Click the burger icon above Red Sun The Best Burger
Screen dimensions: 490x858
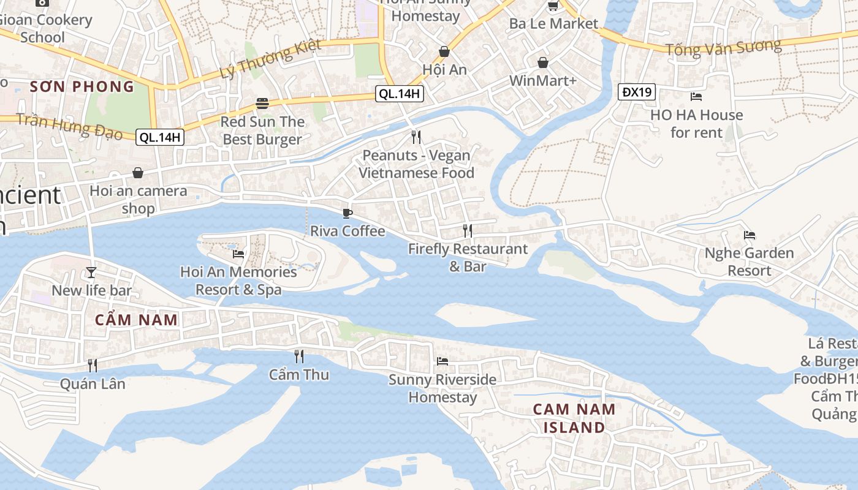[x=262, y=104]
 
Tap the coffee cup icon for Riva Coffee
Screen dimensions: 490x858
[x=347, y=213]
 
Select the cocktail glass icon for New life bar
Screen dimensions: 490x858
[x=91, y=272]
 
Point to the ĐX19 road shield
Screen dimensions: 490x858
[x=637, y=92]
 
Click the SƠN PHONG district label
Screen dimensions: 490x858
[x=82, y=86]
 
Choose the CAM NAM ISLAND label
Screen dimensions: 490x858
[x=574, y=418]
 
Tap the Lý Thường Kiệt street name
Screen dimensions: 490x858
[x=270, y=60]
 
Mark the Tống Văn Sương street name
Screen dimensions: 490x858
[x=723, y=47]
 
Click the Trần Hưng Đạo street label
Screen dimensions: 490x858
[x=69, y=125]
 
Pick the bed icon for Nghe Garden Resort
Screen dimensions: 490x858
[x=749, y=235]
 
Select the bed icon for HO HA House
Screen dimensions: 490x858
[x=696, y=97]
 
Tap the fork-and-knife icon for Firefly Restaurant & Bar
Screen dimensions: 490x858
[x=468, y=231]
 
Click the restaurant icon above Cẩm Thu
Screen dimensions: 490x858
[x=299, y=356]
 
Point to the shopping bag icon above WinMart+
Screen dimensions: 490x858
[x=542, y=62]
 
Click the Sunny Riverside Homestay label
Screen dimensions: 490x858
[x=442, y=388]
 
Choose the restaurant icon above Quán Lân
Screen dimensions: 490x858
[x=93, y=366]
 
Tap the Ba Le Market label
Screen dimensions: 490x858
[x=553, y=24]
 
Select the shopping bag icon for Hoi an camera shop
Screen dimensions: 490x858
[x=138, y=173]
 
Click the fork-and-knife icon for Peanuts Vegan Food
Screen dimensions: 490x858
[x=416, y=137]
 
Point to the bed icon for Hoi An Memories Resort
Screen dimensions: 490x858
[x=238, y=254]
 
